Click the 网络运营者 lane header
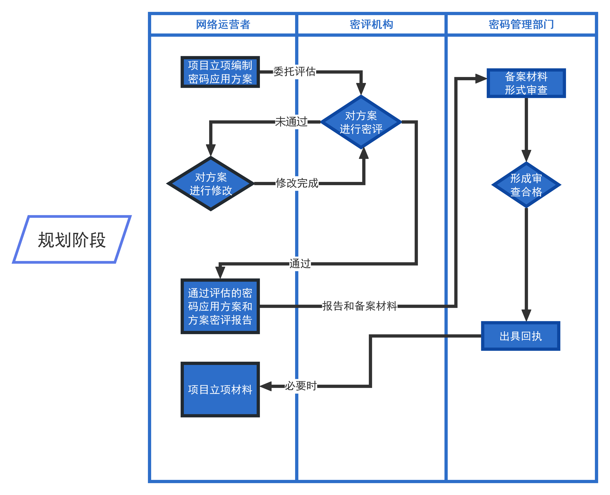pos(223,24)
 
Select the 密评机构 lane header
pos(371,24)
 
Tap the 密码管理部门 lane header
pos(521,24)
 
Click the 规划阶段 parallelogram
pos(72,239)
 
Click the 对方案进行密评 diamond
pos(361,122)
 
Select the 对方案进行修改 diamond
pos(211,184)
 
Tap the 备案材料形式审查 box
pos(526,83)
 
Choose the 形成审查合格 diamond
pos(526,185)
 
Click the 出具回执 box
pos(520,336)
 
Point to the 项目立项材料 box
pos(220,390)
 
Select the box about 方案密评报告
pos(220,306)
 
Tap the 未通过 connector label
pos(291,122)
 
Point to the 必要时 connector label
pos(301,386)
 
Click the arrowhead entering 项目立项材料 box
pos(265,386)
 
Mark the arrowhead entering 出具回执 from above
pos(526,315)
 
